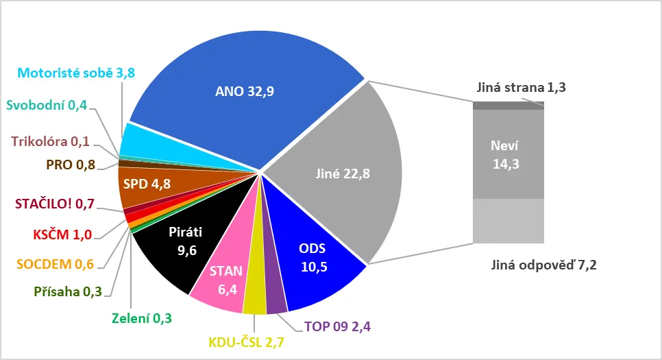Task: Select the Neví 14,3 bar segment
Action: click(508, 154)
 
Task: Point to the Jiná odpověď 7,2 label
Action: click(543, 266)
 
